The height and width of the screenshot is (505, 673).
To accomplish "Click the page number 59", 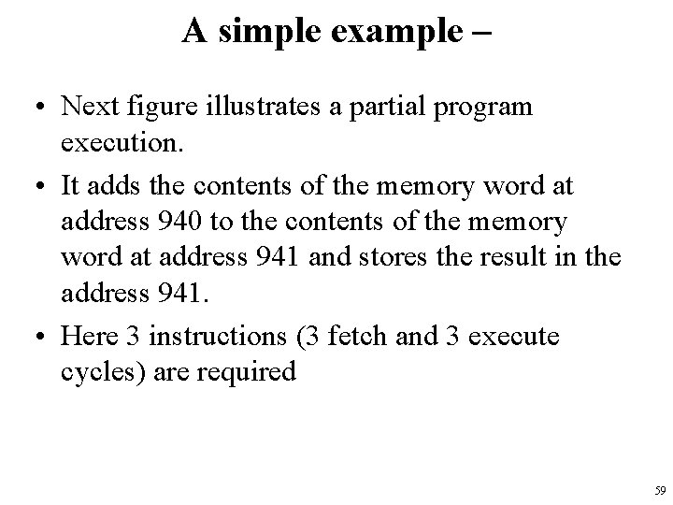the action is coord(659,490).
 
